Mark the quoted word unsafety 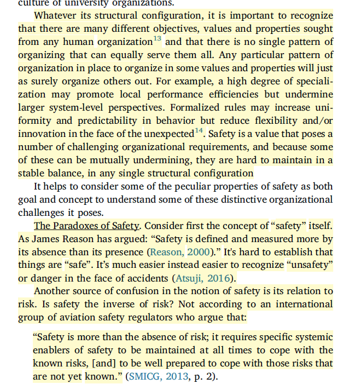310,265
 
